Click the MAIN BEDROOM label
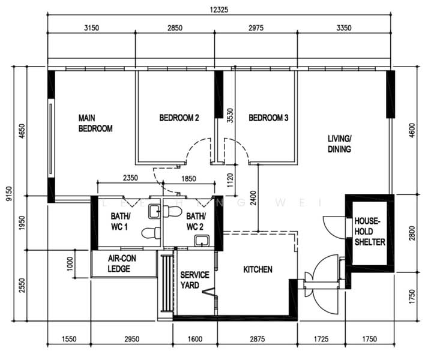(x=95, y=123)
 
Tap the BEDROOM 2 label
(x=179, y=118)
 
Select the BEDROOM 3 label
(x=268, y=118)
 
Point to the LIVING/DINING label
(x=340, y=144)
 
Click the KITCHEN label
(x=258, y=269)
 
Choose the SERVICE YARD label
(x=194, y=280)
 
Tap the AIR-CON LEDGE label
(x=122, y=263)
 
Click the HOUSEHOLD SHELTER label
(x=370, y=232)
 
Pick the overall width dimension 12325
(x=219, y=10)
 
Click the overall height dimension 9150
(x=9, y=194)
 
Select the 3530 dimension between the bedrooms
(x=231, y=116)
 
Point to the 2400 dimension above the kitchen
(x=253, y=198)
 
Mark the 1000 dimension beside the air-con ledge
(x=70, y=263)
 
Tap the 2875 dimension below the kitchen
(x=258, y=339)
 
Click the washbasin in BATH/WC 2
(x=202, y=241)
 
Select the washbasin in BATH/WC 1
(x=154, y=212)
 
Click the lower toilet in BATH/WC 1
(x=151, y=233)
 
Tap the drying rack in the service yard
(x=167, y=283)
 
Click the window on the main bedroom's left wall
(x=50, y=139)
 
